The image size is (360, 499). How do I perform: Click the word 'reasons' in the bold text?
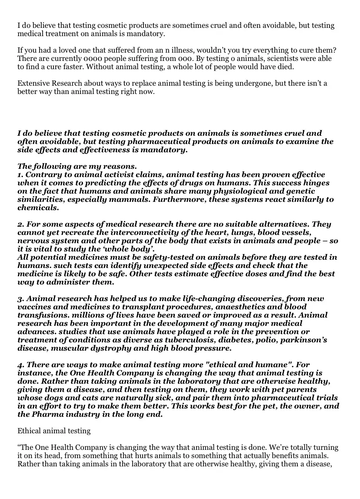[121, 166]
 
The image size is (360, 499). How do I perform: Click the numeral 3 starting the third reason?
[20, 298]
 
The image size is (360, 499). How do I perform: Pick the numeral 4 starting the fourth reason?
[20, 365]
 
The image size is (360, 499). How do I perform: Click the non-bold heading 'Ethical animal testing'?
[54, 431]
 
